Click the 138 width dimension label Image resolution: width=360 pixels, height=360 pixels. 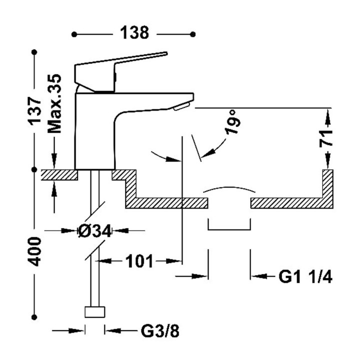(x=133, y=33)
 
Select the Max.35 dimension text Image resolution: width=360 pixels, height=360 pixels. (x=55, y=103)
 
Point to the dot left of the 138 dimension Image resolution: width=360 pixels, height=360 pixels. (x=74, y=34)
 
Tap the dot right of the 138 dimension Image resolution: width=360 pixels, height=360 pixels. (x=194, y=34)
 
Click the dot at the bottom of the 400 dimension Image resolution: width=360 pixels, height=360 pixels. (x=35, y=316)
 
